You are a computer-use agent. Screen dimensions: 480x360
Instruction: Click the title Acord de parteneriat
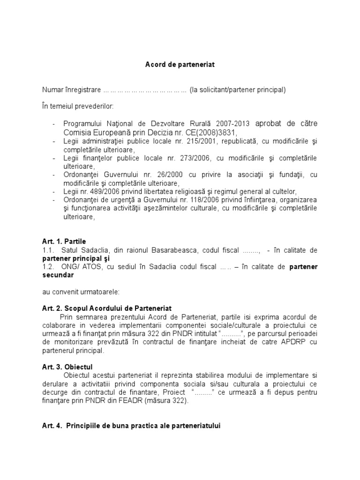(180, 65)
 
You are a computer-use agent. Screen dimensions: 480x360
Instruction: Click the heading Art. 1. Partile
(64, 241)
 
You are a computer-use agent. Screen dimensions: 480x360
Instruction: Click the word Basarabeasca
(180, 250)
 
